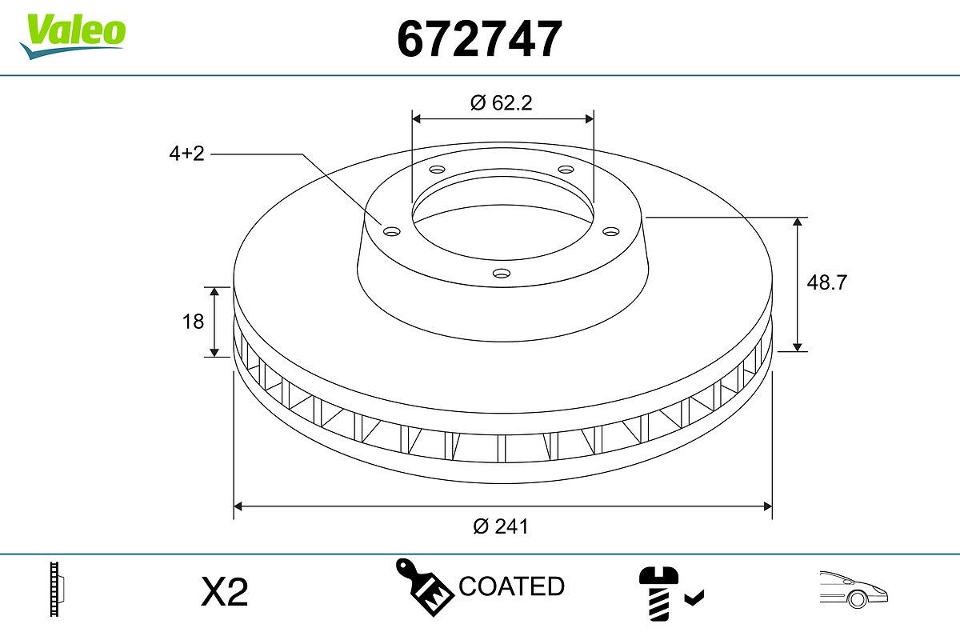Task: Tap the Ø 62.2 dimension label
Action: point(502,102)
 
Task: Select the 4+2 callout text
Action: point(186,154)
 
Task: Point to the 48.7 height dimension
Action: point(827,282)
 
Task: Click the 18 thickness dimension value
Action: point(194,321)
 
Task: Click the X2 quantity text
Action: point(225,592)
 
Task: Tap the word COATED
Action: point(511,586)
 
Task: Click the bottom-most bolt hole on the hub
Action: point(502,274)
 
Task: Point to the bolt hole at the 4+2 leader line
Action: point(391,232)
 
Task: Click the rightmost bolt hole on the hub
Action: point(612,231)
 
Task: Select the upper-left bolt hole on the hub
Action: point(437,170)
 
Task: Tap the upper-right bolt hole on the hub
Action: point(566,170)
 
